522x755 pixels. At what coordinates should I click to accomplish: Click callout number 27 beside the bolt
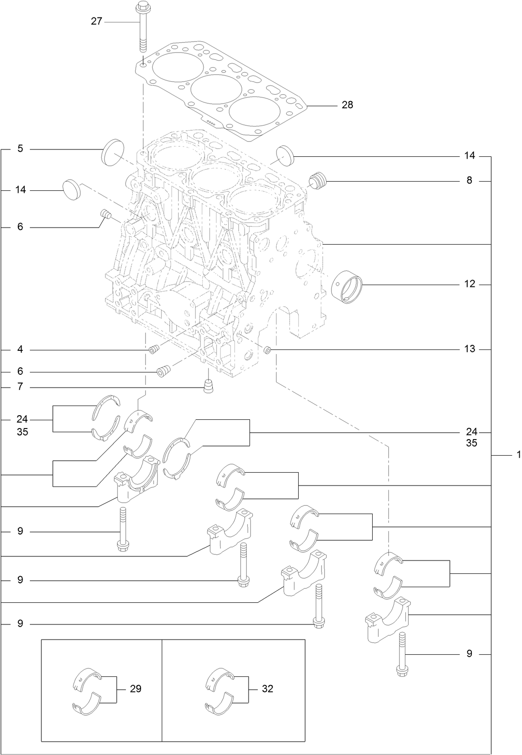coord(96,21)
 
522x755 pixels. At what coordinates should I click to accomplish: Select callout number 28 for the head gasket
coord(347,105)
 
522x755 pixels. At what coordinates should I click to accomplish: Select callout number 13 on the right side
coord(469,349)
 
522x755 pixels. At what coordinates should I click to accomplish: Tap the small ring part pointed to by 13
coord(268,351)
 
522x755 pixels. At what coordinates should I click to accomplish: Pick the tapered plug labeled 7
coord(209,387)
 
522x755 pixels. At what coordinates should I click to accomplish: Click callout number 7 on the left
coord(20,387)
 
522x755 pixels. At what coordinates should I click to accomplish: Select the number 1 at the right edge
coord(518,455)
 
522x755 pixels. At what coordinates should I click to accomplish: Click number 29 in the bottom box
coord(135,689)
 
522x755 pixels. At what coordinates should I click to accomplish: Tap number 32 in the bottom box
coord(267,689)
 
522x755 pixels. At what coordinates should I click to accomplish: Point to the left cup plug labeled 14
coord(70,189)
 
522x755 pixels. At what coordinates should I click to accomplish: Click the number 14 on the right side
coord(469,156)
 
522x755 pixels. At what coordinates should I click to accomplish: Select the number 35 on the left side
coord(22,432)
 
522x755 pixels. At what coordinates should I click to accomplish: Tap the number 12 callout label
coord(469,285)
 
